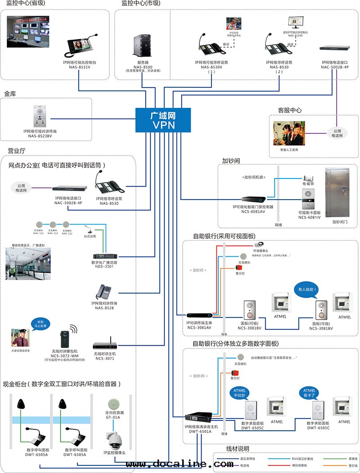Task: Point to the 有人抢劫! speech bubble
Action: pos(306,289)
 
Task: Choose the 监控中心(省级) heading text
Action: pos(23,4)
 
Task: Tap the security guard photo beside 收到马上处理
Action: pos(21,338)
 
